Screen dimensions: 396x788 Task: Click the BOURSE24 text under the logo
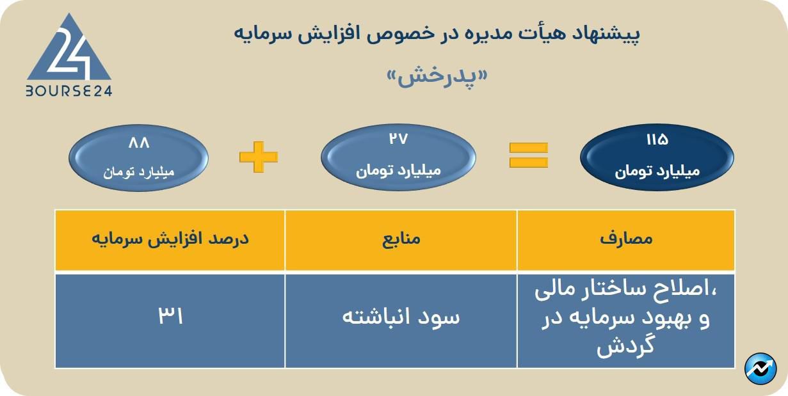pyautogui.click(x=69, y=91)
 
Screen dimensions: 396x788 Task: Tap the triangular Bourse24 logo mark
pyautogui.click(x=69, y=51)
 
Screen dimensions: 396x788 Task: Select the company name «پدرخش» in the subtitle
pyautogui.click(x=438, y=77)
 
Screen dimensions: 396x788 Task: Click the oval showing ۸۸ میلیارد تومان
pyautogui.click(x=139, y=157)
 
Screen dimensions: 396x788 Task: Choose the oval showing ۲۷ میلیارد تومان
pyautogui.click(x=398, y=157)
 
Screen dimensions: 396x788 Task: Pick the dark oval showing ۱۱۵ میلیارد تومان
pyautogui.click(x=657, y=157)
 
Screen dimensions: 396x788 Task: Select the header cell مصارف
pyautogui.click(x=626, y=239)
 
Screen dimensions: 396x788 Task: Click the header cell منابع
pyautogui.click(x=401, y=239)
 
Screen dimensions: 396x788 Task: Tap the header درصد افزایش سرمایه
pyautogui.click(x=170, y=239)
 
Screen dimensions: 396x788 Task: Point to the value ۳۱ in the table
pyautogui.click(x=170, y=317)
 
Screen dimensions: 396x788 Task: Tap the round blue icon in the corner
pyautogui.click(x=760, y=368)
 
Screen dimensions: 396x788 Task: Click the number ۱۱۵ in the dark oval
pyautogui.click(x=657, y=139)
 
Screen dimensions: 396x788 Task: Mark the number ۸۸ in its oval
pyautogui.click(x=139, y=142)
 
